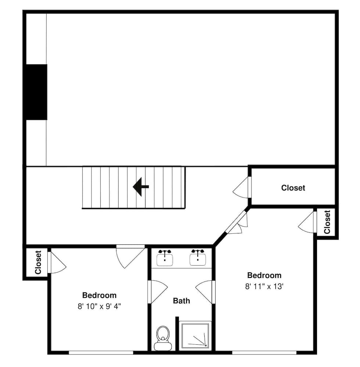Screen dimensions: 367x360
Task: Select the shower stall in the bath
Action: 195,335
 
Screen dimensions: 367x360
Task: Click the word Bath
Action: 181,301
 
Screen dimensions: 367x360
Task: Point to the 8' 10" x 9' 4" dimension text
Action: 99,306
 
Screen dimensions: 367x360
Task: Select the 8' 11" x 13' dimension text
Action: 264,286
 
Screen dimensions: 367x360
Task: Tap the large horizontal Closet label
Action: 293,188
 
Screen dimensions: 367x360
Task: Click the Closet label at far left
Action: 38,262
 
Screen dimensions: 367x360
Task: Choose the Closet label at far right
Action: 327,222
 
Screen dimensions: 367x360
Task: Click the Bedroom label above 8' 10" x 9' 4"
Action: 99,295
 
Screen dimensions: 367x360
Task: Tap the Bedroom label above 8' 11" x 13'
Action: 264,275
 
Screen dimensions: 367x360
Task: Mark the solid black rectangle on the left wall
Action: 36,92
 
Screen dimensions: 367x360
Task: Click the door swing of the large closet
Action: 242,187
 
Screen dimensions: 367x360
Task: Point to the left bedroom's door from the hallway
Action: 130,255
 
